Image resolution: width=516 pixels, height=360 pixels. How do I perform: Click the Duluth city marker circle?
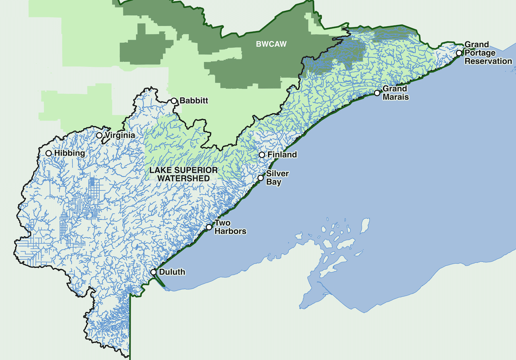point(154,272)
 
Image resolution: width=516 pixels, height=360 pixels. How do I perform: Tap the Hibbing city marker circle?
point(48,153)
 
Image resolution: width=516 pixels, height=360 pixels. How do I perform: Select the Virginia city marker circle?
point(99,135)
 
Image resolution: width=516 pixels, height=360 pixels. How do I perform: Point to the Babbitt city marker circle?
point(174,101)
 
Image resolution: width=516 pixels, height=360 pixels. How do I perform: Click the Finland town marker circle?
point(262,154)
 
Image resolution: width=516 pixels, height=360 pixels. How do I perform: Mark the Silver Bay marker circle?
point(260,178)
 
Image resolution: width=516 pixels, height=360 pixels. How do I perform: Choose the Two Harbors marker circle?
point(209,227)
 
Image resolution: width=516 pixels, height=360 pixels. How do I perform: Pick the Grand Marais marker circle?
point(377,93)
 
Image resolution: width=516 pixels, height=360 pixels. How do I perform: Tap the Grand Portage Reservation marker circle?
point(459,53)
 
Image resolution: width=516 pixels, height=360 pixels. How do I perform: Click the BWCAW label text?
point(271,44)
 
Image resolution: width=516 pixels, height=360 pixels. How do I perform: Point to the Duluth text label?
point(172,272)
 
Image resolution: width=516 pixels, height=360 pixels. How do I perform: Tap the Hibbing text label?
point(70,153)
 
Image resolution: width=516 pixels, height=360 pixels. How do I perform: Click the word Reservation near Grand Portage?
point(488,61)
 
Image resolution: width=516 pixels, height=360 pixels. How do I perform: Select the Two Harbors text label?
point(230,227)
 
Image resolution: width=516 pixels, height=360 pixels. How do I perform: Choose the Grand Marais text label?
point(395,93)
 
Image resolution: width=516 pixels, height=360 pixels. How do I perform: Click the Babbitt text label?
point(194,101)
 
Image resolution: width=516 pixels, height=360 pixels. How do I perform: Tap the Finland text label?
point(282,154)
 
